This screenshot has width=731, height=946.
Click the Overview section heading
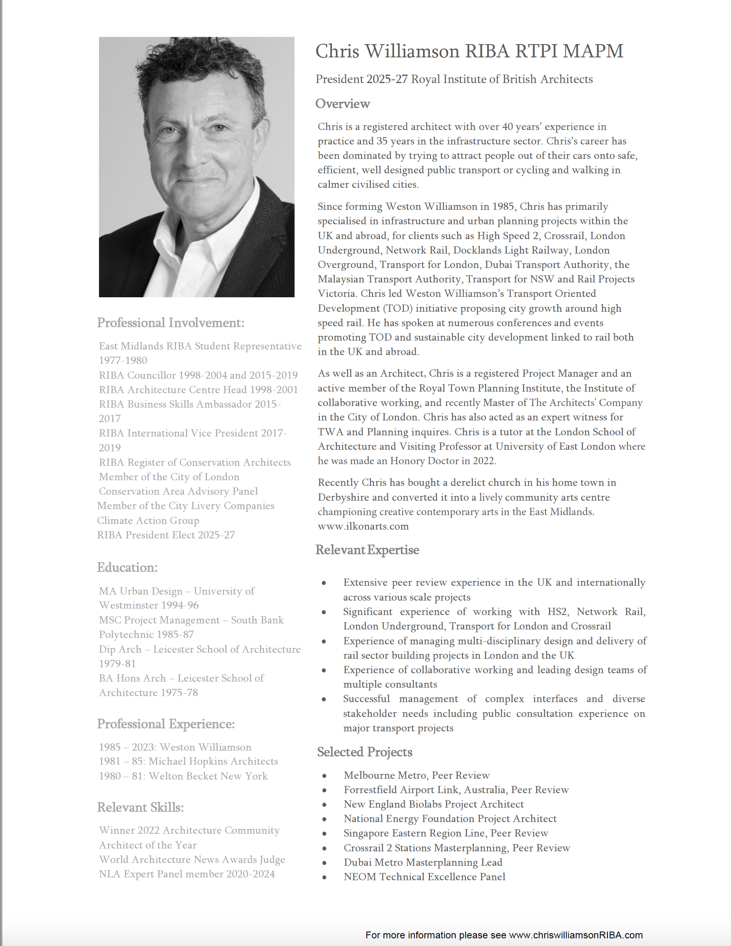(x=342, y=104)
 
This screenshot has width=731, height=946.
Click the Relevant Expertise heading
(x=367, y=550)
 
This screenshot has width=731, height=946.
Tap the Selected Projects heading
(x=364, y=752)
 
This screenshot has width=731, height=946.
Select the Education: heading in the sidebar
(x=127, y=567)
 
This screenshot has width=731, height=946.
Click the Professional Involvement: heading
(x=170, y=323)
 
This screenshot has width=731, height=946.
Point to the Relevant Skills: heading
(x=140, y=808)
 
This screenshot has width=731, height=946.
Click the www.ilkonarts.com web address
(x=363, y=526)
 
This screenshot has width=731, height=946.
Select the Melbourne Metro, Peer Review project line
(x=416, y=775)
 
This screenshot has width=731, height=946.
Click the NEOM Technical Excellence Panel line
(x=424, y=877)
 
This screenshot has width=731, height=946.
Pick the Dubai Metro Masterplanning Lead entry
(x=423, y=863)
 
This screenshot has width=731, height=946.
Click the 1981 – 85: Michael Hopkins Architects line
(x=188, y=761)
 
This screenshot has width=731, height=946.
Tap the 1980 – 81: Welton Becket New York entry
(x=183, y=776)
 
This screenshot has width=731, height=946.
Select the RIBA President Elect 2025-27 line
(x=166, y=535)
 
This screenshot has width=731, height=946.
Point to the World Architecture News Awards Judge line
(x=192, y=859)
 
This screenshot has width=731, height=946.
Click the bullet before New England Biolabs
(x=324, y=805)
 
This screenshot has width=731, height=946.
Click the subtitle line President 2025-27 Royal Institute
(x=454, y=79)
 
